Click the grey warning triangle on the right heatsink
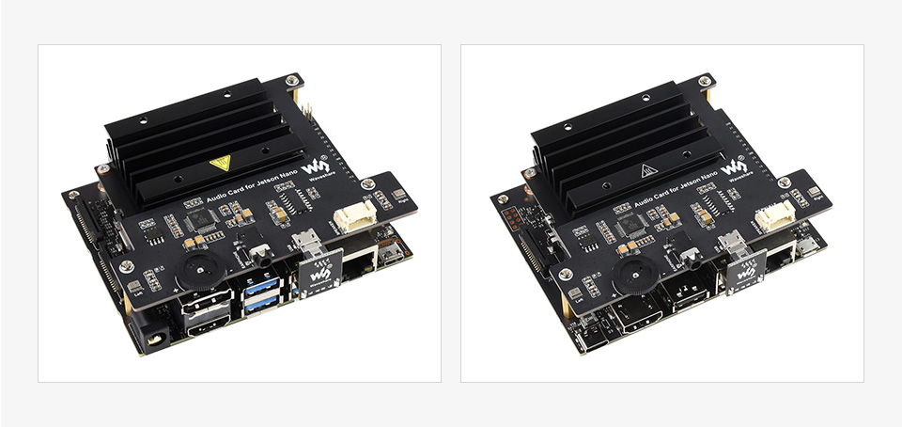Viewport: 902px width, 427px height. coord(648,170)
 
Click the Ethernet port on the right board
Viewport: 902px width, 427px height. coord(776,264)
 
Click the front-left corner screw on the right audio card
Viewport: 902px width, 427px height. coord(565,275)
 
